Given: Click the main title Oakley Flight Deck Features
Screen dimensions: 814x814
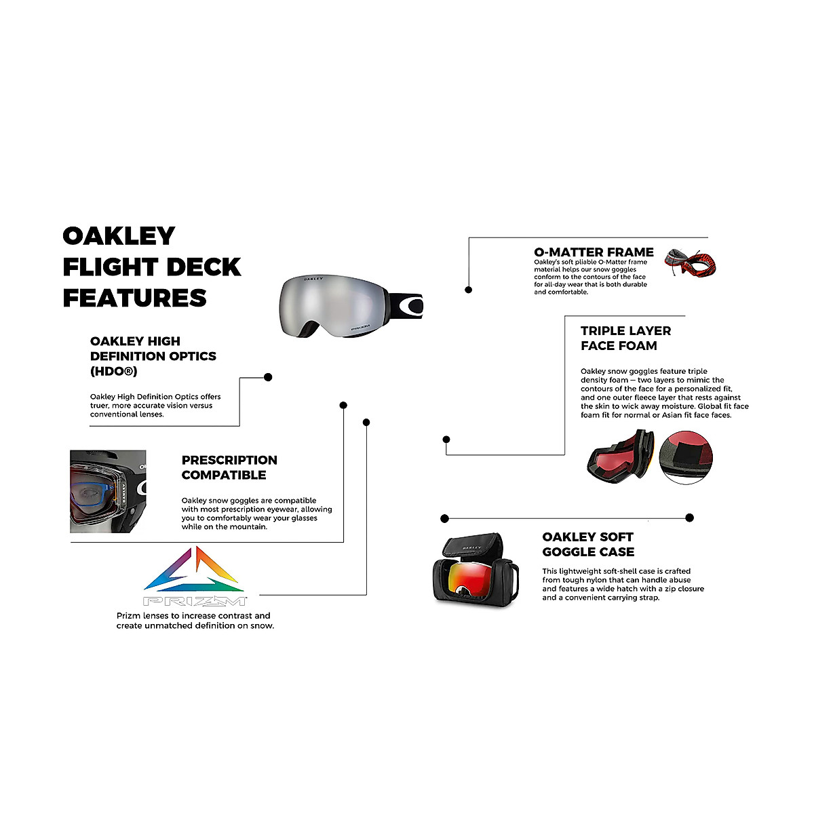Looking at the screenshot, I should click(151, 267).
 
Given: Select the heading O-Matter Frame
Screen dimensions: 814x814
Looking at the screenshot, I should click(594, 252).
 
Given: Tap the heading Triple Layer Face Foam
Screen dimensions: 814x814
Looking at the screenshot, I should click(625, 338).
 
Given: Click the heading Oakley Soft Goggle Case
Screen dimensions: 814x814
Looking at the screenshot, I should click(588, 545).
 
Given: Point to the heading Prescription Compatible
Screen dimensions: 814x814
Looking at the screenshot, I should click(229, 467).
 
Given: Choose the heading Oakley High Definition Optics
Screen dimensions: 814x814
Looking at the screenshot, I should click(153, 355).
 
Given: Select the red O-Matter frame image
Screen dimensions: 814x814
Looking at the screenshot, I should click(690, 263).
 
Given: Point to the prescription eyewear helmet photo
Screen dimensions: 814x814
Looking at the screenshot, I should click(108, 491).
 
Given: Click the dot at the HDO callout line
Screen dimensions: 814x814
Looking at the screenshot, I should click(268, 377).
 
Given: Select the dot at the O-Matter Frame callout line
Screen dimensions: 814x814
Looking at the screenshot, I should click(469, 290).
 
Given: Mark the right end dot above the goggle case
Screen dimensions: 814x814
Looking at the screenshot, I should click(689, 518).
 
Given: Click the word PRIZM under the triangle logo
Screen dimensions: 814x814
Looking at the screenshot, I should click(195, 602).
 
